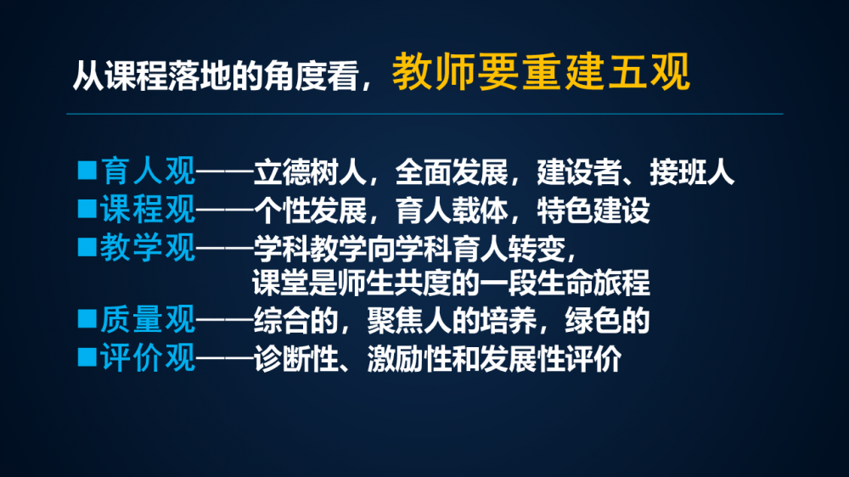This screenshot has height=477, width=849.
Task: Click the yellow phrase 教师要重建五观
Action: (x=541, y=71)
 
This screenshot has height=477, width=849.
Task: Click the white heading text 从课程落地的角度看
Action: (x=216, y=76)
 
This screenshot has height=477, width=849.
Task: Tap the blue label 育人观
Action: (x=148, y=171)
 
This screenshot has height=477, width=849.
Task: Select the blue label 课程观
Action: (x=148, y=209)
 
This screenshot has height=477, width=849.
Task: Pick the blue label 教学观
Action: (x=148, y=248)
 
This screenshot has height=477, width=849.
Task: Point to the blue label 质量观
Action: (x=148, y=319)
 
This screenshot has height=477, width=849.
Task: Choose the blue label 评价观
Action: (x=148, y=357)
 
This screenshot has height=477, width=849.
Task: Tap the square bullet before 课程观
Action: (x=87, y=208)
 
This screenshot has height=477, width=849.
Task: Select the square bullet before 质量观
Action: (x=87, y=318)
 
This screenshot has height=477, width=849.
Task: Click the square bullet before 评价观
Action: (x=87, y=356)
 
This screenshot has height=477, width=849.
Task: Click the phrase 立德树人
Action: (x=310, y=172)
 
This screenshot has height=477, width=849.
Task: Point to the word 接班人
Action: (x=692, y=172)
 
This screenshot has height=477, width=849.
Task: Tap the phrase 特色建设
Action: (x=593, y=210)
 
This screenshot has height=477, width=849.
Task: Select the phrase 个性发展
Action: (x=310, y=210)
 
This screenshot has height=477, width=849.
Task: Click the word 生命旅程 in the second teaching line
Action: (x=593, y=283)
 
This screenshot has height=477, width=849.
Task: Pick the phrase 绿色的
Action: (x=607, y=321)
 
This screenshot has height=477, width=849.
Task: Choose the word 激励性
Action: (x=410, y=359)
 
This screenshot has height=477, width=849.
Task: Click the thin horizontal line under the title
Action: (x=424, y=114)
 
